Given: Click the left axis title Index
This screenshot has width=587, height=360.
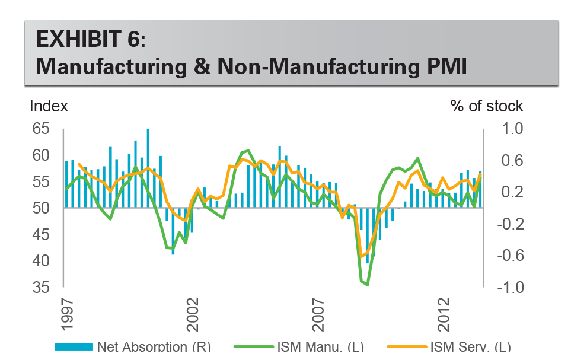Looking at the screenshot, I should [x=49, y=106].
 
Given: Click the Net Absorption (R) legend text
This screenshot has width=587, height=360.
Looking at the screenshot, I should [x=154, y=347].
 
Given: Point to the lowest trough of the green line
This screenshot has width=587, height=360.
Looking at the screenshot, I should [x=368, y=285].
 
